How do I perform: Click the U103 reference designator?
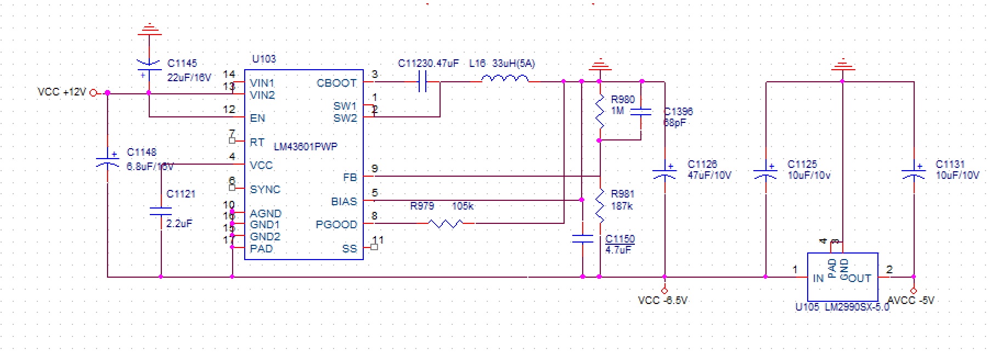[x=264, y=59]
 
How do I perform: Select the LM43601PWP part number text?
[x=306, y=147]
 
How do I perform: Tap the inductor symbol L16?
[x=505, y=80]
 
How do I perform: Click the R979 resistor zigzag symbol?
[x=446, y=223]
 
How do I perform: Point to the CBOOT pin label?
[x=336, y=83]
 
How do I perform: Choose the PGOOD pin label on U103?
[x=336, y=224]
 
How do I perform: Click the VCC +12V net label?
[x=61, y=92]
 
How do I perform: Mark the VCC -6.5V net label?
[x=662, y=301]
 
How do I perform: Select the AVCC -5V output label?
[x=911, y=301]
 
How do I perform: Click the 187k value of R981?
[x=622, y=206]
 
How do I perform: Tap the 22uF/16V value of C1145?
[x=189, y=77]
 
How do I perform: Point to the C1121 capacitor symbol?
[x=161, y=211]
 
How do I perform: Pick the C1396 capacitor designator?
[x=678, y=111]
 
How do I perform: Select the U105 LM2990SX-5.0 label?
[x=842, y=307]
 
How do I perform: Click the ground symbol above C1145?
[x=149, y=29]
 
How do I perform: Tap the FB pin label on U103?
[x=350, y=177]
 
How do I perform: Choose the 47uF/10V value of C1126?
[x=709, y=176]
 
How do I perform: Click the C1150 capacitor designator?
[x=620, y=239]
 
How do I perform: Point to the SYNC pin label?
[x=265, y=189]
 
